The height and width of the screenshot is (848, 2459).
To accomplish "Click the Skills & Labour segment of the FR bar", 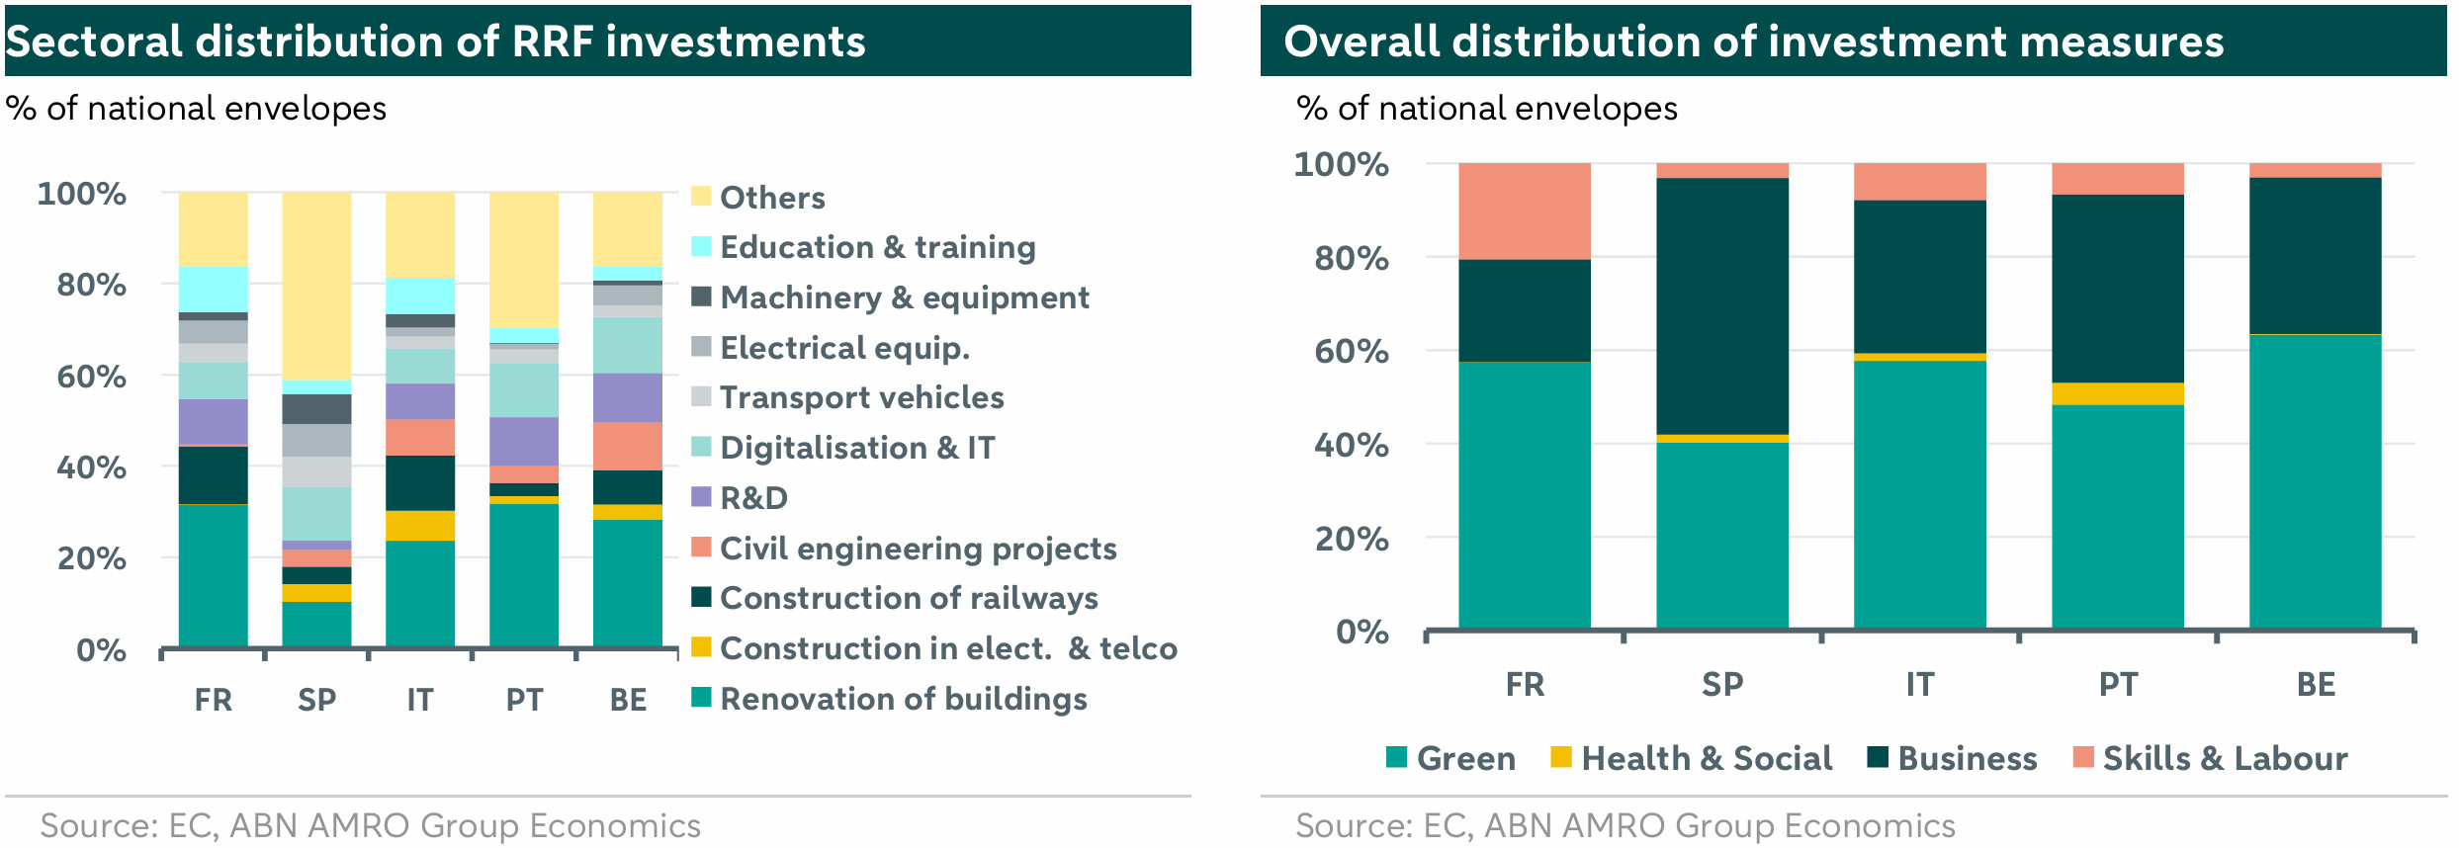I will tap(1524, 211).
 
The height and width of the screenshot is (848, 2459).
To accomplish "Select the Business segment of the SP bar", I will tap(1721, 305).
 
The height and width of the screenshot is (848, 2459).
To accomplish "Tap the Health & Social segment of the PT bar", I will tap(2117, 393).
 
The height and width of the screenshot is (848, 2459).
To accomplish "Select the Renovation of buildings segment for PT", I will tap(524, 574).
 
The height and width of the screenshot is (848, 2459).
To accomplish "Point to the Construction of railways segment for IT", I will tap(420, 482).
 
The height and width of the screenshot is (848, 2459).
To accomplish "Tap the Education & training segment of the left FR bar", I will tap(214, 289).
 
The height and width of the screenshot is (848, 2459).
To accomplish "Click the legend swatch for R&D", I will tap(701, 497).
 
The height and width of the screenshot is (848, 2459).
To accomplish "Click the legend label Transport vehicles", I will tap(861, 397).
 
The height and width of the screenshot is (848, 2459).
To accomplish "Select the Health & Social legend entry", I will tap(1706, 758).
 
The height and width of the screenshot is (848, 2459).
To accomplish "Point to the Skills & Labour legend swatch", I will tap(2083, 757).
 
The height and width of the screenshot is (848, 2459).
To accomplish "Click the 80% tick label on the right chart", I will tap(1351, 259).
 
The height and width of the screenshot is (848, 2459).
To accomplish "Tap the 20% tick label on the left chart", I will tap(91, 559).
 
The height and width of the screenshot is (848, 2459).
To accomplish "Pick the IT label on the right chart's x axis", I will tap(1919, 684).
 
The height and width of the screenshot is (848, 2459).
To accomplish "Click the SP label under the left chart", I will tap(316, 700).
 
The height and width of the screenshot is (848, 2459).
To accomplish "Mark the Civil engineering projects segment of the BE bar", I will tap(628, 446).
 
